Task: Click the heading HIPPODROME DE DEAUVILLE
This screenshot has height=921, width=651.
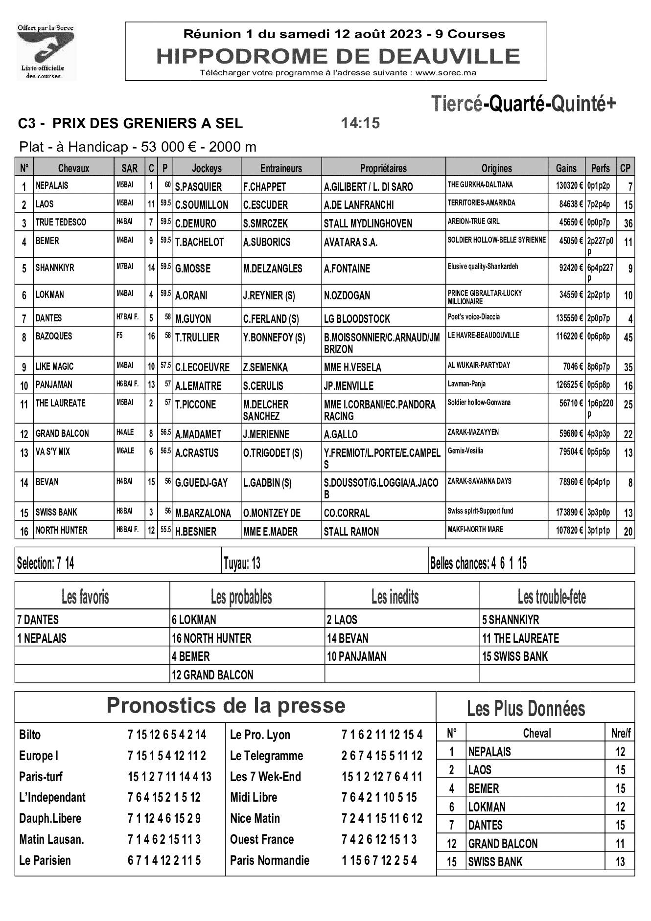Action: click(x=338, y=57)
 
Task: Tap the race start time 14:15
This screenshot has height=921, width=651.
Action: click(x=360, y=123)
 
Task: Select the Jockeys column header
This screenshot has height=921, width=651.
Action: click(x=207, y=168)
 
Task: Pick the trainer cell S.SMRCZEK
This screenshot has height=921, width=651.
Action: click(x=265, y=224)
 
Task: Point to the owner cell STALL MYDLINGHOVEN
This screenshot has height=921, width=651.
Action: click(x=368, y=224)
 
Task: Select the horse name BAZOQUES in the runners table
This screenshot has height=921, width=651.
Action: click(x=54, y=336)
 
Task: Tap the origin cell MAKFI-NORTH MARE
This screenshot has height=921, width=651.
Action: click(x=475, y=529)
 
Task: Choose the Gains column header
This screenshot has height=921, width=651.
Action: click(x=566, y=168)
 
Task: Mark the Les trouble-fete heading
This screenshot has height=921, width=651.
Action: click(x=552, y=597)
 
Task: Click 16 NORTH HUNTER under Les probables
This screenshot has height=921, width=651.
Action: click(x=211, y=638)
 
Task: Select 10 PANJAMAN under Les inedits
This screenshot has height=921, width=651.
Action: click(x=356, y=656)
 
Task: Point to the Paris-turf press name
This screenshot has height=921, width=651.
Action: click(x=41, y=777)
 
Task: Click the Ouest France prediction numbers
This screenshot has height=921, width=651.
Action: click(x=379, y=839)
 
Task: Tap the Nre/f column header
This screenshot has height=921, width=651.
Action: click(x=621, y=733)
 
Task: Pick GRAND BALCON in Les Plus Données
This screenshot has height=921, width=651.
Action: click(x=503, y=844)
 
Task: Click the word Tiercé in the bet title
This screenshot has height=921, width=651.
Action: click(x=457, y=104)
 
